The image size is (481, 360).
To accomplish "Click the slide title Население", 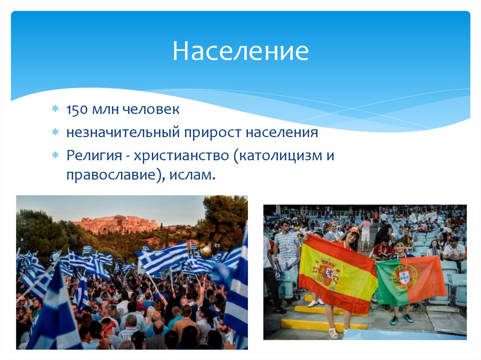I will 240,52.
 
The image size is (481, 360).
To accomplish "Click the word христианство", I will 181,155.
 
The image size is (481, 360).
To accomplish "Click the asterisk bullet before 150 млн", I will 55,110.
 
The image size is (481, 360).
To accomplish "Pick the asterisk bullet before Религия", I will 55,155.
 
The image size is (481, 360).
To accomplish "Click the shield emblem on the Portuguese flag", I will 404,277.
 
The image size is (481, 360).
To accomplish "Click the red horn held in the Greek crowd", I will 109,325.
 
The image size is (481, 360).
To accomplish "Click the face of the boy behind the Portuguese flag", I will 400,247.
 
